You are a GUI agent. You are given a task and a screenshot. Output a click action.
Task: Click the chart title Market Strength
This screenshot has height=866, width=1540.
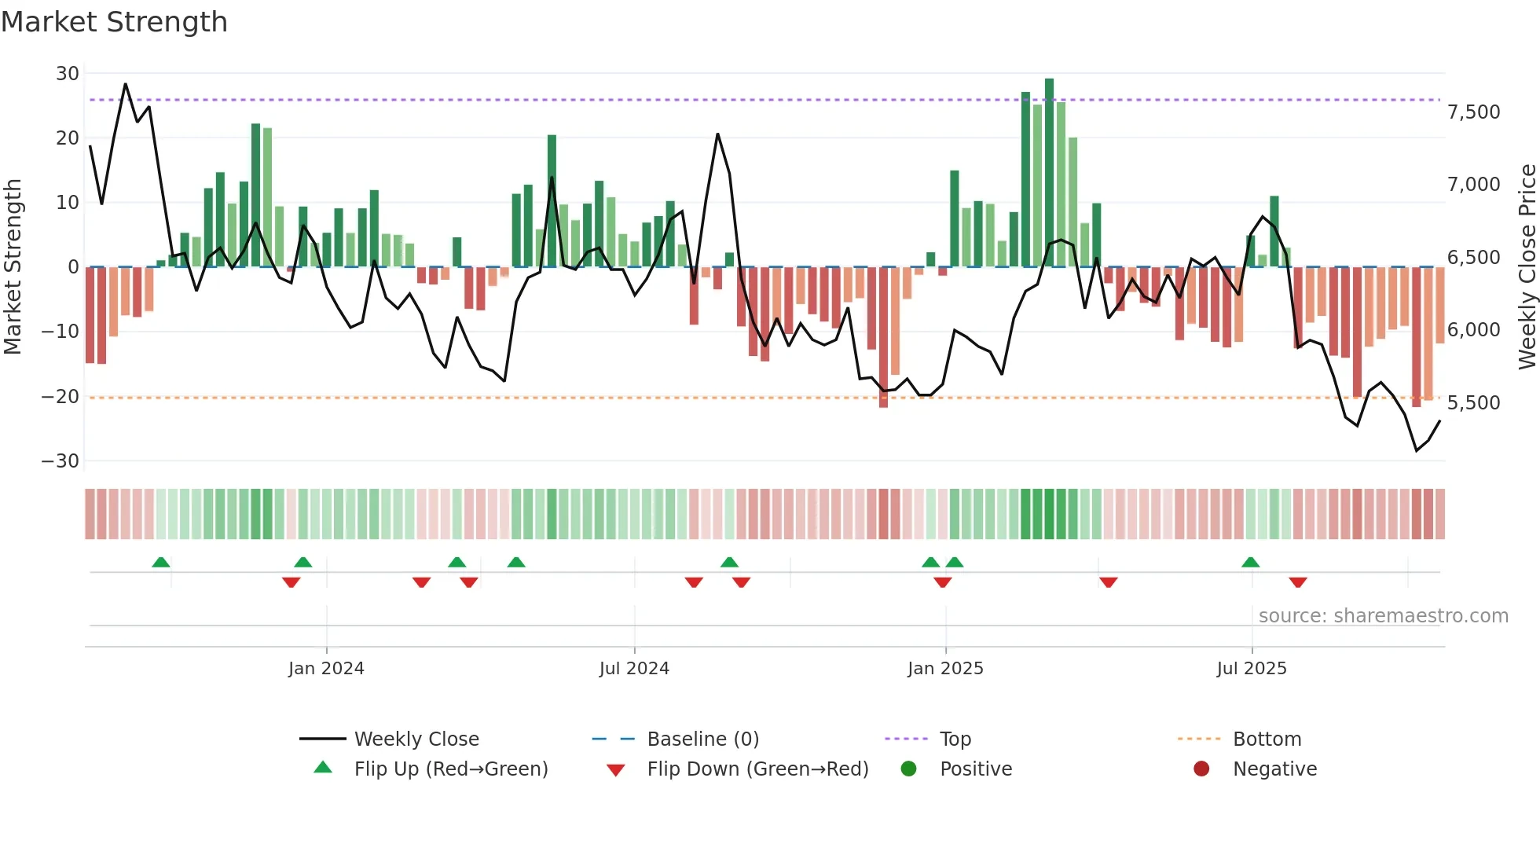[x=115, y=22]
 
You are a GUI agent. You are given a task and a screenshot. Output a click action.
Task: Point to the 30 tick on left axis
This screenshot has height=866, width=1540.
[x=68, y=74]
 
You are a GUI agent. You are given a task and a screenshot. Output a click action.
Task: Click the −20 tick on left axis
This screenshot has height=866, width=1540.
[x=60, y=397]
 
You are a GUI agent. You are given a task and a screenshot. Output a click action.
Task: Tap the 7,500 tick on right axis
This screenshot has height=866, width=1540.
[x=1474, y=112]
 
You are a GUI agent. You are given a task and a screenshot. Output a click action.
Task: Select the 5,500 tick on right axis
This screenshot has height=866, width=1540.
[x=1474, y=403]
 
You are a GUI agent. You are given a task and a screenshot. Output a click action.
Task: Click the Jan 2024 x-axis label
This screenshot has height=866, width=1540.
[x=326, y=669]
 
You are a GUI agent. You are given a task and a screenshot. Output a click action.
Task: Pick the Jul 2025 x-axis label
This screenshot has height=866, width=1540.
[x=1252, y=669]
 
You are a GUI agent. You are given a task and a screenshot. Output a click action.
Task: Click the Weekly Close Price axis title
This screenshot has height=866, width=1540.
[x=1527, y=267]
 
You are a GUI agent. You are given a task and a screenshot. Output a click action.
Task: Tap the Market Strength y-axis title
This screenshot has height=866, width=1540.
[x=13, y=267]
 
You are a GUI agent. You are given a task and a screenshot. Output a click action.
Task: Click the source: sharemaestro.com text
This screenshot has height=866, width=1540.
[x=1383, y=616]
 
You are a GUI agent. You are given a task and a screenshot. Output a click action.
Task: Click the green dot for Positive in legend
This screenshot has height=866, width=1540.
[x=909, y=769]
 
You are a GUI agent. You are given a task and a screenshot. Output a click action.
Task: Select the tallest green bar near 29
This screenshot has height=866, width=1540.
[x=1049, y=173]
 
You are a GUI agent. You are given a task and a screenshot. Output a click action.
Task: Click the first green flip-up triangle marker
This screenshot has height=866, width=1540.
[x=160, y=563]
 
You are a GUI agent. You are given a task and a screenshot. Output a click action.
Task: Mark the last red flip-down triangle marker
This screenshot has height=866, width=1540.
[x=1298, y=582]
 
